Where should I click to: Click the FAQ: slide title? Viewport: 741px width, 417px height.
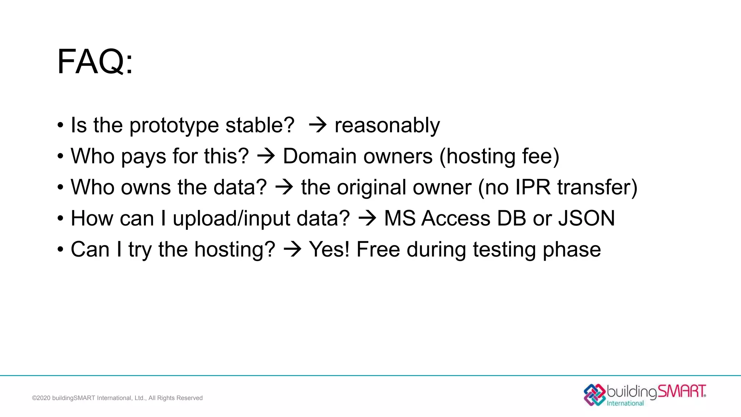(95, 62)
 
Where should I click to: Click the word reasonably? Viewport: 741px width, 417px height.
(387, 125)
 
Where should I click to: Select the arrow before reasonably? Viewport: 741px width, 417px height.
(318, 125)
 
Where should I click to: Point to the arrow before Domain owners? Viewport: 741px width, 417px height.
(266, 156)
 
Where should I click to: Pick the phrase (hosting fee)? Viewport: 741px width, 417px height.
(499, 157)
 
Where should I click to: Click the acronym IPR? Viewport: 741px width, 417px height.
(533, 187)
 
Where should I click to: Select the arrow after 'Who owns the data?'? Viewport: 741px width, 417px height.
(284, 188)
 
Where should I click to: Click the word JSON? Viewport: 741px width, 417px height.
(586, 218)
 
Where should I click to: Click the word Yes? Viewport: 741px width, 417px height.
(329, 249)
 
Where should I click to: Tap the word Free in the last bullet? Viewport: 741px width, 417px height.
(378, 249)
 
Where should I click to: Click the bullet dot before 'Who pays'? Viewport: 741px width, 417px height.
(60, 157)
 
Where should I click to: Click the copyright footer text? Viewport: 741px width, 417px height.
(117, 398)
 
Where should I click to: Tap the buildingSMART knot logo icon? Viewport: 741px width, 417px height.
(594, 395)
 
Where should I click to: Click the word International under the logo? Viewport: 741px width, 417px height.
(625, 403)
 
